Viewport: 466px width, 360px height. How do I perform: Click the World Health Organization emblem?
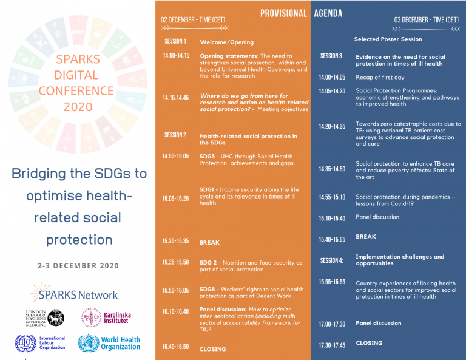click(89, 343)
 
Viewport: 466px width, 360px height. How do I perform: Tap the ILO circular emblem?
click(25, 343)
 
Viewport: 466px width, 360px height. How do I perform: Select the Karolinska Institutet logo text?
click(117, 318)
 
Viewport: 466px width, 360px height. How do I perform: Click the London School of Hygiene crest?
click(56, 318)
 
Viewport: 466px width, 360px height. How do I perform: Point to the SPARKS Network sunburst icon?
click(41, 291)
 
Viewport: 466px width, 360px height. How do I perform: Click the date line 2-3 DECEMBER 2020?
click(78, 266)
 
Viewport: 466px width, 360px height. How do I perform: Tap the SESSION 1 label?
click(175, 41)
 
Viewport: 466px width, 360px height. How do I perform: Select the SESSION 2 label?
click(175, 135)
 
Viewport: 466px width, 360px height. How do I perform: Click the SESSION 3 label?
click(331, 56)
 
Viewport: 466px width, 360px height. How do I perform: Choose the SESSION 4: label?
click(332, 260)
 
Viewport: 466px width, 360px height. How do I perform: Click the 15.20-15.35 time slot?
click(175, 241)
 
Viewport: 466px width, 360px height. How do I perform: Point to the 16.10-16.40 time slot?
click(175, 311)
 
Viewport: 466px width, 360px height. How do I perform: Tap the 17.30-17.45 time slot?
click(332, 345)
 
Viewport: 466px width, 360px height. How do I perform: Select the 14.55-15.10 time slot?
click(332, 197)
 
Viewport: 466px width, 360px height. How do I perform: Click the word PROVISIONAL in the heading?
click(283, 13)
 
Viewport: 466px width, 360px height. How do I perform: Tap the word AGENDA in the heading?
click(328, 13)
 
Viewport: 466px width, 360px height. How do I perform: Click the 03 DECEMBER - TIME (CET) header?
click(427, 20)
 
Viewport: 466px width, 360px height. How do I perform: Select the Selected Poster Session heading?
click(388, 39)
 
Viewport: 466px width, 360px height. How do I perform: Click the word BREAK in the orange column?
click(209, 243)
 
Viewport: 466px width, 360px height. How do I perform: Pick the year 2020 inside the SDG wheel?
click(78, 107)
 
